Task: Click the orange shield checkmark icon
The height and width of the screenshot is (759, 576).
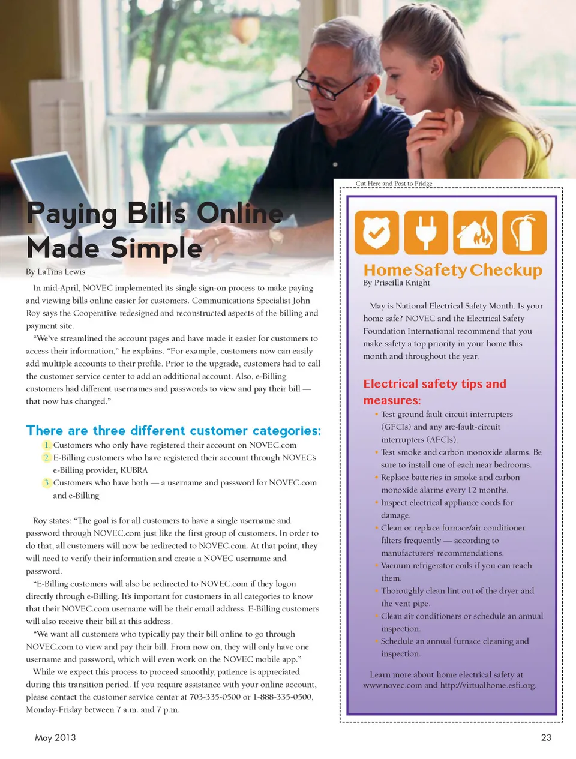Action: click(377, 233)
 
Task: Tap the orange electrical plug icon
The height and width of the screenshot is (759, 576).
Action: click(426, 233)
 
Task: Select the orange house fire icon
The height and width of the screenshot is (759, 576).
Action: click(475, 233)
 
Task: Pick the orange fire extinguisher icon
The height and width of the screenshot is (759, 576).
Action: click(524, 233)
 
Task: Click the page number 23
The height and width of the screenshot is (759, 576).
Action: click(546, 737)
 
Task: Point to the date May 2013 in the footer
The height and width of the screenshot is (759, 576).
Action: click(55, 737)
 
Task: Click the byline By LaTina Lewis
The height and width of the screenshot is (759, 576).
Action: click(55, 272)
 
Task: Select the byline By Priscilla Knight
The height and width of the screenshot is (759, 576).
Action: click(396, 283)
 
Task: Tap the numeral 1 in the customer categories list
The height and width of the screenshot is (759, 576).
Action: click(47, 445)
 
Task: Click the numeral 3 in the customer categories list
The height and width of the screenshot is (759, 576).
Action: click(47, 483)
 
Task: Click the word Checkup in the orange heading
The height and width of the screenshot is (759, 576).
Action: click(506, 271)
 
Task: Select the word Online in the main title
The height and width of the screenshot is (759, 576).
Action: click(240, 214)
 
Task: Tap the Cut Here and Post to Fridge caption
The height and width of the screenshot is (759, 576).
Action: click(394, 184)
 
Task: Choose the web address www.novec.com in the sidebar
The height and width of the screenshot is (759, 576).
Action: click(392, 685)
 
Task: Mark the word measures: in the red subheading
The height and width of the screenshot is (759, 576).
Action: click(392, 401)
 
